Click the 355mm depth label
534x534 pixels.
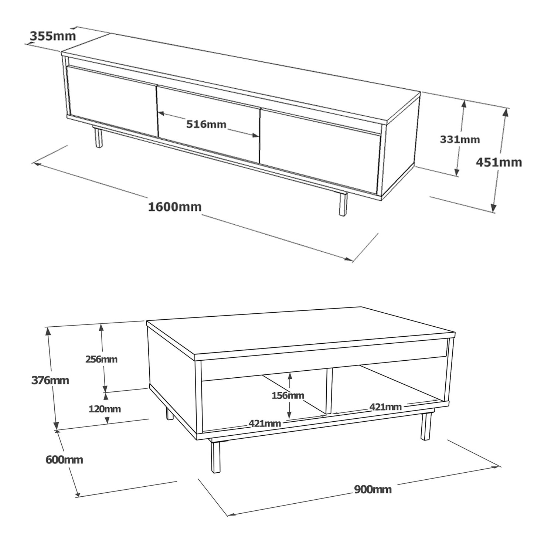(52, 36)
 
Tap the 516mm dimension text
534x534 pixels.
(206, 125)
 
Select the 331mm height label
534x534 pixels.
(460, 139)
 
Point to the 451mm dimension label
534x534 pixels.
(499, 162)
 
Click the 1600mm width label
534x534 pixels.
(175, 207)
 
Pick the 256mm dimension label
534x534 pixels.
(101, 360)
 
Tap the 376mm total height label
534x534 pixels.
(50, 381)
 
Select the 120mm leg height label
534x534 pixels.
(105, 409)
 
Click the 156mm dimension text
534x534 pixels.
(288, 395)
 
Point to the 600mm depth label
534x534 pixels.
(64, 460)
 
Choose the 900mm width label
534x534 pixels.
(373, 490)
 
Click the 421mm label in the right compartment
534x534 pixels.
(385, 407)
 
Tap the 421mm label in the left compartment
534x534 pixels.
(265, 424)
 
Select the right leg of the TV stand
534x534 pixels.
(343, 204)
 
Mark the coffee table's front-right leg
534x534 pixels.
(426, 427)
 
